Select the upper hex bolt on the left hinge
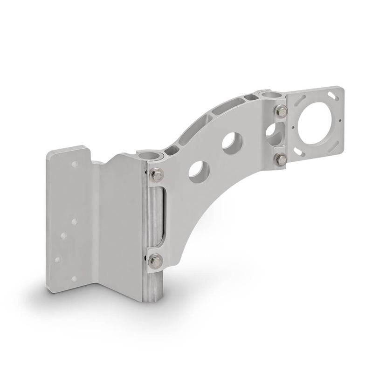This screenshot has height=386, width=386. tap(157, 175)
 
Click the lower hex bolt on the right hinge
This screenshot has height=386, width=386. tap(281, 160)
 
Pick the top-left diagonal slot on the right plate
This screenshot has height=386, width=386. tap(297, 99)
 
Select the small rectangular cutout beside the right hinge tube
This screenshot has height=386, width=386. tap(251, 97)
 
